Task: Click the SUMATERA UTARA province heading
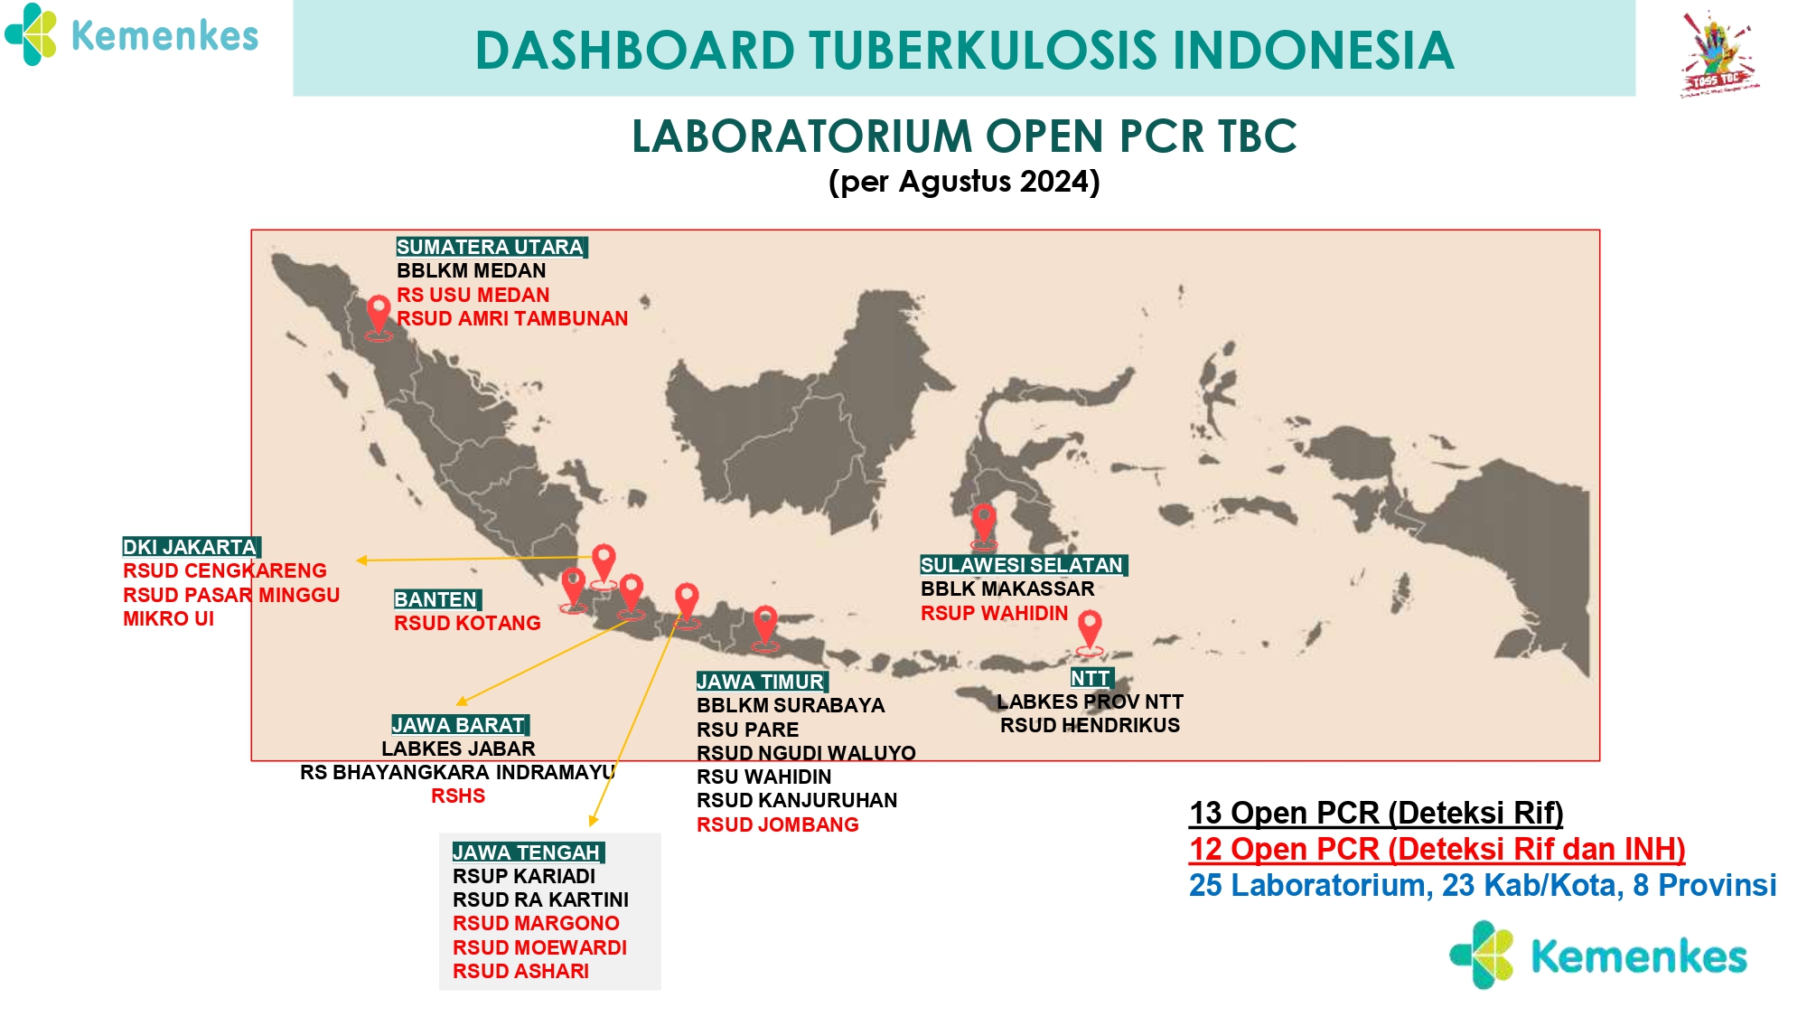coord(492,247)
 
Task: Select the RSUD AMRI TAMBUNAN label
coord(512,318)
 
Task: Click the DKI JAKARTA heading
coord(192,547)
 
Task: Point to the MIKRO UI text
coord(169,618)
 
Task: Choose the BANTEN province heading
coord(437,599)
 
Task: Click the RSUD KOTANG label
coord(467,623)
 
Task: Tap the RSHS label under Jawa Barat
coord(458,796)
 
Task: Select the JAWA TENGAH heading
coord(528,852)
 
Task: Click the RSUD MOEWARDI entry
coord(539,947)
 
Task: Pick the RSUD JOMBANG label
coord(777,824)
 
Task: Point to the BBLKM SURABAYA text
coord(791,705)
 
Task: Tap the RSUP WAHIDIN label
coord(994,613)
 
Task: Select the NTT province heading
coord(1091,678)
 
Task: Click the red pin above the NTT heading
coord(1091,630)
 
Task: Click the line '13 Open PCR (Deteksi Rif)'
coord(1376,813)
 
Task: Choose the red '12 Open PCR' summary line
coord(1437,849)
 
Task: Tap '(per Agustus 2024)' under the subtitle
coord(964,182)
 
